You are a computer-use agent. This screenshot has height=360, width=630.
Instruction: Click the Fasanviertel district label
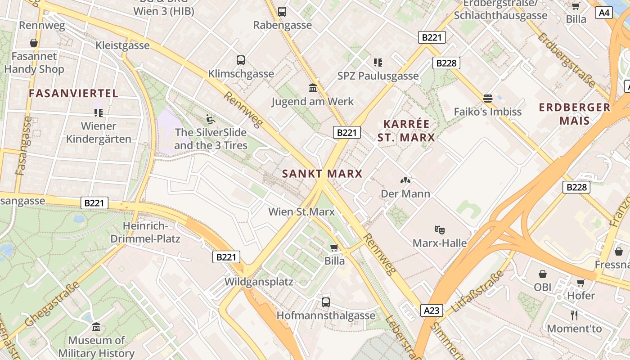pyautogui.click(x=73, y=94)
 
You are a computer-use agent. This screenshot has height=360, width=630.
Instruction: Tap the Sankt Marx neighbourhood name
pyautogui.click(x=322, y=174)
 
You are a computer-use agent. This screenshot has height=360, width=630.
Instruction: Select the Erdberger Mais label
pyautogui.click(x=575, y=114)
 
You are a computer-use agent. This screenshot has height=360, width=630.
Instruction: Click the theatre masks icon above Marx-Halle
pyautogui.click(x=440, y=229)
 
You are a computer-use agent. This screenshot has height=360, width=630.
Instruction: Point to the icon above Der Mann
pyautogui.click(x=405, y=180)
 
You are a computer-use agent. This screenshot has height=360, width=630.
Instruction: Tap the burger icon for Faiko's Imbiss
pyautogui.click(x=488, y=98)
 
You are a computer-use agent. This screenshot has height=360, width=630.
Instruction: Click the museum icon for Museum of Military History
pyautogui.click(x=96, y=327)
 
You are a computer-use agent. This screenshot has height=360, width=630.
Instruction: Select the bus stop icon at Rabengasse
pyautogui.click(x=282, y=12)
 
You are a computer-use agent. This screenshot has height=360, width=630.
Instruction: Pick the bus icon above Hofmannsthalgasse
pyautogui.click(x=326, y=302)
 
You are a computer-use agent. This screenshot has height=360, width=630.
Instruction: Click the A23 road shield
pyautogui.click(x=432, y=310)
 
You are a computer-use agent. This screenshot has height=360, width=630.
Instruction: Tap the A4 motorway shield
pyautogui.click(x=604, y=13)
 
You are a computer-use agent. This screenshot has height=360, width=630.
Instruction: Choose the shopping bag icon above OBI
pyautogui.click(x=543, y=274)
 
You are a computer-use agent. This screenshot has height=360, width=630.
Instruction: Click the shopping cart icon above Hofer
pyautogui.click(x=581, y=283)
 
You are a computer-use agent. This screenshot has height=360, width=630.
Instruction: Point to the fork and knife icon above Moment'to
pyautogui.click(x=574, y=315)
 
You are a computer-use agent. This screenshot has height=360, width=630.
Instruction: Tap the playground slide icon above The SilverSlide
pyautogui.click(x=211, y=119)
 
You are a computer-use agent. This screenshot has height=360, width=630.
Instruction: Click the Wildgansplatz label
pyautogui.click(x=259, y=282)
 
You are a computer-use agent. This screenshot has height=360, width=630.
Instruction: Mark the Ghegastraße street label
pyautogui.click(x=53, y=304)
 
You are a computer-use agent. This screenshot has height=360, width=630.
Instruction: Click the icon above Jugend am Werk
pyautogui.click(x=313, y=88)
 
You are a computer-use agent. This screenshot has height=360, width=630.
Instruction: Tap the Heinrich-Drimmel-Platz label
pyautogui.click(x=145, y=232)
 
